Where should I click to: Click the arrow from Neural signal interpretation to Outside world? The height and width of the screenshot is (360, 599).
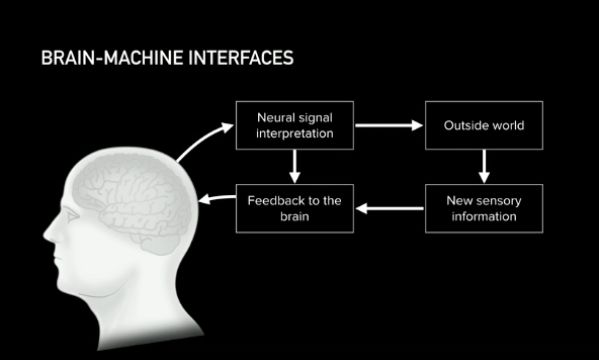click(x=389, y=125)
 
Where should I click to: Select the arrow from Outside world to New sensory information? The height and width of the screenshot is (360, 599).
click(x=484, y=167)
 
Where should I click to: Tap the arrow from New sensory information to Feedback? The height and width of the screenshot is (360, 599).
click(x=390, y=208)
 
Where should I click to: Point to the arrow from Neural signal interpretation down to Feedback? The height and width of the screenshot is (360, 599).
click(x=295, y=167)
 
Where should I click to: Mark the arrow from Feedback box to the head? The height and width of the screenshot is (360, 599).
click(x=217, y=198)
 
